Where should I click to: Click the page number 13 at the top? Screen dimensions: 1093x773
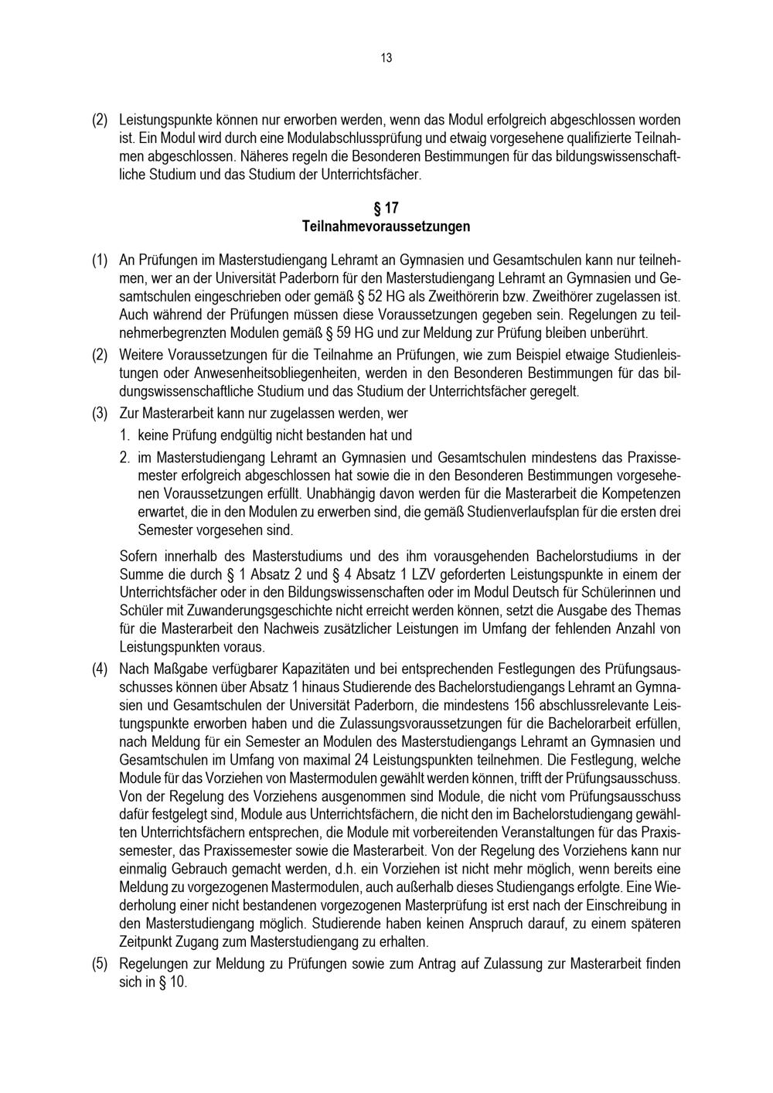coord(386,58)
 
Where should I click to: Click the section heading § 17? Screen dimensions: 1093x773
coord(386,208)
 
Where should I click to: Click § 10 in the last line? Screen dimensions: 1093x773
coord(173,984)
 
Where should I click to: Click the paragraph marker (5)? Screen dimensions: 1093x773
coord(100,965)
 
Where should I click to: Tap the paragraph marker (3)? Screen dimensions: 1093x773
coord(100,413)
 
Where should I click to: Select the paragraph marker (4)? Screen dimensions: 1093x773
coord(100,669)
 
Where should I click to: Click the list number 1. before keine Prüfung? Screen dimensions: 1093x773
coord(124,435)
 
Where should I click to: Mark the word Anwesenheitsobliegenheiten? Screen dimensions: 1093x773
coord(235,373)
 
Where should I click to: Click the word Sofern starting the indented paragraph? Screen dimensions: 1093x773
coord(140,556)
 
